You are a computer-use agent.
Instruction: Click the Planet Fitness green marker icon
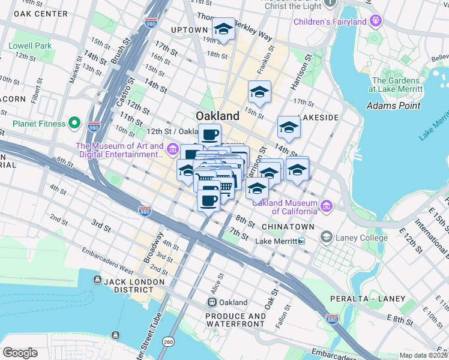point(74,124)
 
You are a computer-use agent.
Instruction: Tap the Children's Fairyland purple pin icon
point(376,22)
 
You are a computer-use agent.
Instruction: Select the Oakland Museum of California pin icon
point(327,206)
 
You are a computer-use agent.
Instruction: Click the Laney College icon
point(326,237)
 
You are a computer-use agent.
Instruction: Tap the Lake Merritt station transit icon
point(301,241)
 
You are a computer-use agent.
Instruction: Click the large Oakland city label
point(217,115)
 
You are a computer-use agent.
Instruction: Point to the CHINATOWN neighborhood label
point(288,227)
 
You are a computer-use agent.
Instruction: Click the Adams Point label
point(392,106)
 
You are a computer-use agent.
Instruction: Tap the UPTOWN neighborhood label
point(189,29)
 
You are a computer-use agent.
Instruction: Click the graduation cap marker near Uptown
point(223,28)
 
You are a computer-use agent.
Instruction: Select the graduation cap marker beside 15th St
point(259,92)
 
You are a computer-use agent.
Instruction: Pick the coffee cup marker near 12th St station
point(209,134)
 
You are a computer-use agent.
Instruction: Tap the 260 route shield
point(169,341)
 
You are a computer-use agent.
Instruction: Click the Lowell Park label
point(30,46)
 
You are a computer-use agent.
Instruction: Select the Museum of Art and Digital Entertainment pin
point(173,148)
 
